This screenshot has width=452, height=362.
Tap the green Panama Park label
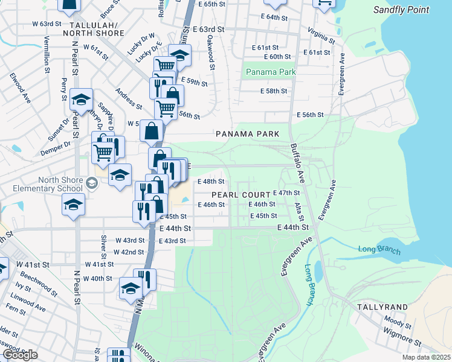click(271, 72)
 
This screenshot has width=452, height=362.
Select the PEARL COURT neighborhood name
click(240, 195)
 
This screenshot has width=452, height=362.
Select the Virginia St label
click(321, 36)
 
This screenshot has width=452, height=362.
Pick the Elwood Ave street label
click(20, 88)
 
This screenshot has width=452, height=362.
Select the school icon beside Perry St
click(80, 100)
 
